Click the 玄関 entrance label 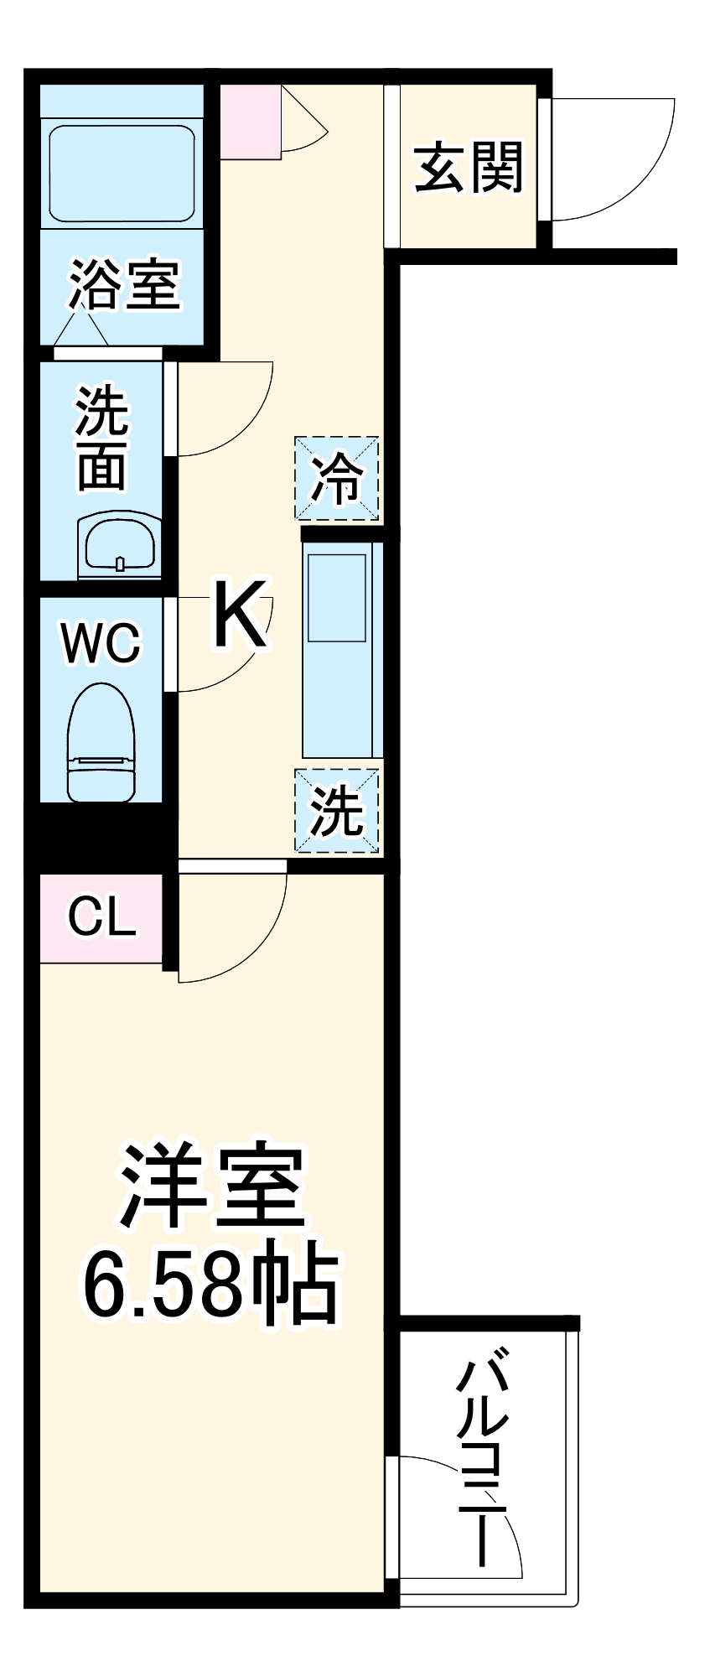pyautogui.click(x=469, y=168)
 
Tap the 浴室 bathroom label pyautogui.click(x=124, y=285)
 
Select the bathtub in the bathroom pyautogui.click(x=122, y=174)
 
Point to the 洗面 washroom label pyautogui.click(x=101, y=438)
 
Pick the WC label pyautogui.click(x=101, y=643)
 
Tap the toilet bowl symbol pyautogui.click(x=101, y=741)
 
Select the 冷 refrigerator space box pyautogui.click(x=336, y=478)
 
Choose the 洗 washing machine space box pyautogui.click(x=336, y=811)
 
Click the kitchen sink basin pyautogui.click(x=336, y=596)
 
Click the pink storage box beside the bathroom pyautogui.click(x=250, y=122)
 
